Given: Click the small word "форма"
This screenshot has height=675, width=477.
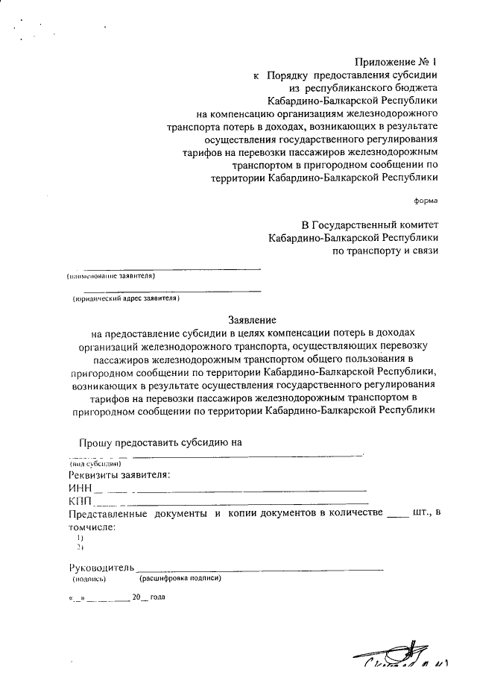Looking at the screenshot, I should coord(426,201).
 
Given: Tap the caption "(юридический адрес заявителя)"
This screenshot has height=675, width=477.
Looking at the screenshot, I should coord(126,298).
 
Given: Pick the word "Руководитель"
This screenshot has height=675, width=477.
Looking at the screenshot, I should coord(101,568).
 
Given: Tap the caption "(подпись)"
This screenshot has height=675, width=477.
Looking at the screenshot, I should coord(89,579).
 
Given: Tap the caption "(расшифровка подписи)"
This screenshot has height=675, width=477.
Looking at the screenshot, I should coord(180,578).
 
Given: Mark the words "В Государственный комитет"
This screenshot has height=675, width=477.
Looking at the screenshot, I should coord(370,225).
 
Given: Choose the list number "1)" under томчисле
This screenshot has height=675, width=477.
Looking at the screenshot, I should coord(80,537).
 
